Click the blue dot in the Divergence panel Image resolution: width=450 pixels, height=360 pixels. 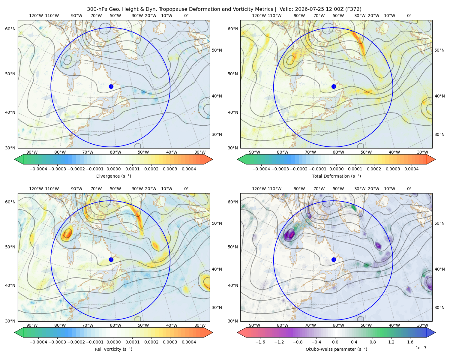tap(111, 87)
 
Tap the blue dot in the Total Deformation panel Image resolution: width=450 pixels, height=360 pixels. tap(334, 87)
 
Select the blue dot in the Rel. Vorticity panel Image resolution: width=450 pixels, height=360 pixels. tap(111, 259)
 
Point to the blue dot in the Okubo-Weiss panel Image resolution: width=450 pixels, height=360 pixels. tap(334, 259)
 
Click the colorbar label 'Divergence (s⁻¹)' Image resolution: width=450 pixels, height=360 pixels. tap(113, 176)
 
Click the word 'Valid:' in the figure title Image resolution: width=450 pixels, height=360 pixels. tap(286, 9)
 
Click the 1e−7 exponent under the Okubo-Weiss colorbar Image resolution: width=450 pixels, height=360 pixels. tap(421, 348)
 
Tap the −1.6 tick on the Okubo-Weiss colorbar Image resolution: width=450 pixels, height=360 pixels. tap(260, 342)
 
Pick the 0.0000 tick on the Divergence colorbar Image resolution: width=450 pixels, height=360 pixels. tap(113, 169)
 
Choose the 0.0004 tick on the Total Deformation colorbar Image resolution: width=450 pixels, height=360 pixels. tap(411, 169)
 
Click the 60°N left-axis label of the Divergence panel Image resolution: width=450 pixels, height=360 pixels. tap(10, 29)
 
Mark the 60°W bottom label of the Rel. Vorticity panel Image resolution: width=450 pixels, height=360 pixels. tap(115, 325)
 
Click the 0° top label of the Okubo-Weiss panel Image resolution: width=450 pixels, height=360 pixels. tap(409, 189)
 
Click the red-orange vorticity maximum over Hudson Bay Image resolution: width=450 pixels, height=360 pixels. tap(67, 233)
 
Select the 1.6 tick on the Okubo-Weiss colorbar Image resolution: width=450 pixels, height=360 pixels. tap(410, 342)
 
